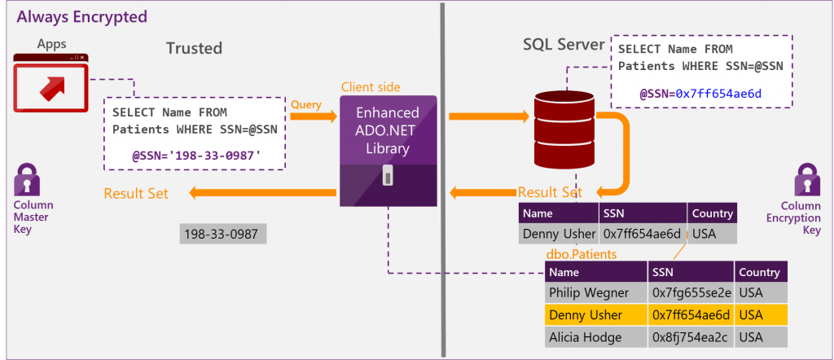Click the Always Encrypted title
(81, 16)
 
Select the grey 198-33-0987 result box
(222, 235)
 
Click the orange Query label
(305, 104)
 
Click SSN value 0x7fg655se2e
(691, 292)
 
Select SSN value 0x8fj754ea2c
(691, 337)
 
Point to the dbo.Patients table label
(581, 254)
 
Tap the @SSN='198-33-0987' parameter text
(198, 152)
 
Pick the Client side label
(371, 87)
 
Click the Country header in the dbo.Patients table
(759, 272)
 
